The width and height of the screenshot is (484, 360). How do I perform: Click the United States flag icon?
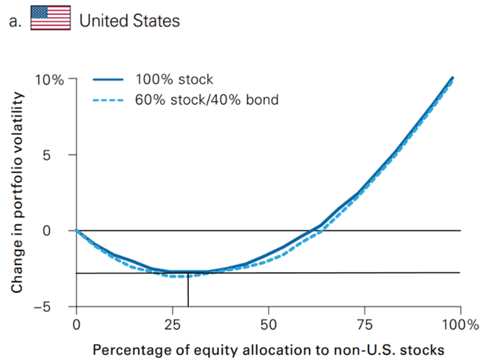[50, 18]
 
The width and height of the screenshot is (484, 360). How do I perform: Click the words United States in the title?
[130, 20]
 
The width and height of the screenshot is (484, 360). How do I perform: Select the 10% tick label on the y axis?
[54, 80]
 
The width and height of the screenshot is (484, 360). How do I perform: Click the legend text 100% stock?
[174, 80]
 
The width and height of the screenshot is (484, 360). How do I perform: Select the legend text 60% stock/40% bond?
[207, 100]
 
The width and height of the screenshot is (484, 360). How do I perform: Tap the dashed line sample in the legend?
[108, 100]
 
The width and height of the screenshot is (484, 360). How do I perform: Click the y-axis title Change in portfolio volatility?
[17, 192]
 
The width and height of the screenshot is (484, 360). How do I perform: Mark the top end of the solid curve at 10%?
[452, 78]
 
